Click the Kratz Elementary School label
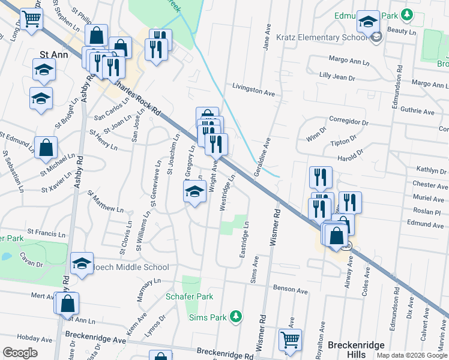[321, 37]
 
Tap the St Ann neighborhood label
[53, 54]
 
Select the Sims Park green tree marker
[237, 316]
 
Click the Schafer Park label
[189, 296]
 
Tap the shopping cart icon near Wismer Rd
[291, 339]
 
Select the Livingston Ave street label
[253, 91]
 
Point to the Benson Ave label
[286, 289]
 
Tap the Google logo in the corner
[20, 353]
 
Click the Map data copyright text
[411, 355]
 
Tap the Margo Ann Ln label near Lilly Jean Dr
[349, 61]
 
